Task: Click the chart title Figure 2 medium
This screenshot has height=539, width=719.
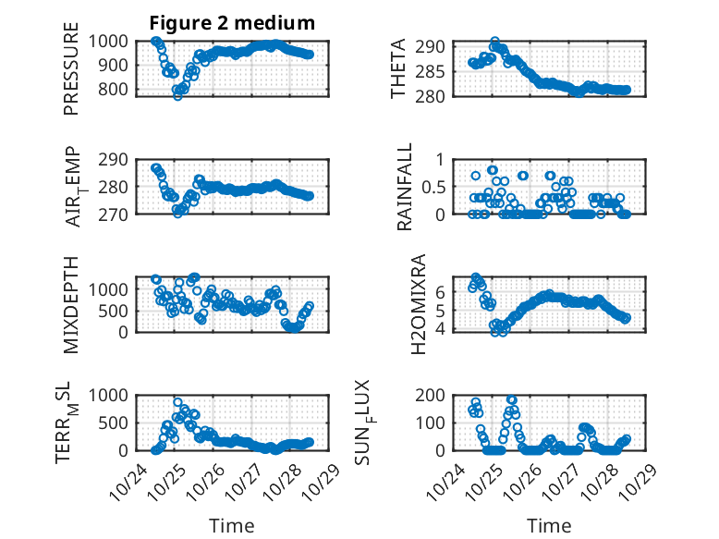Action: click(x=232, y=22)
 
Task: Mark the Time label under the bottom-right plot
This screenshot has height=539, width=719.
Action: click(x=549, y=525)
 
